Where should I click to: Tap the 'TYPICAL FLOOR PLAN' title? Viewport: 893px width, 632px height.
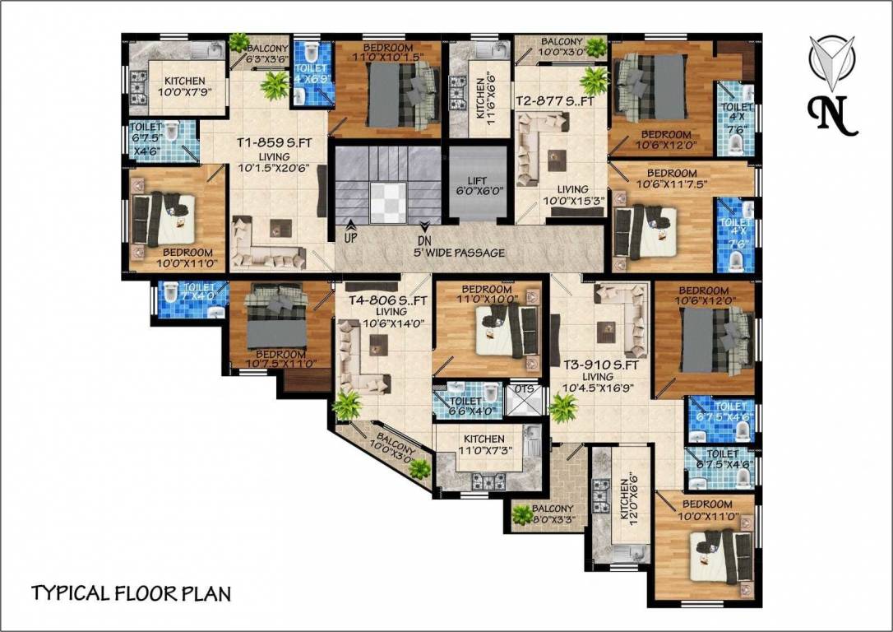[x=132, y=593]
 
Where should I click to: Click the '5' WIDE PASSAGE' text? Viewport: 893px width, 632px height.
[x=459, y=253]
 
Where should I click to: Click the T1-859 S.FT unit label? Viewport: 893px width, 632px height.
[x=272, y=142]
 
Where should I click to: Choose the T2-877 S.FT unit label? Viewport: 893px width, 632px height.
[x=548, y=100]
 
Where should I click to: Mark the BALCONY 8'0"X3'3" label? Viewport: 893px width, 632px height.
[x=553, y=514]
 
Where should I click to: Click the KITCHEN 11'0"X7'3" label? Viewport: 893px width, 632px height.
[x=484, y=445]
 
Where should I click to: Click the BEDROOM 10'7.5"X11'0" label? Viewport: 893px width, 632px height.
[x=268, y=358]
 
